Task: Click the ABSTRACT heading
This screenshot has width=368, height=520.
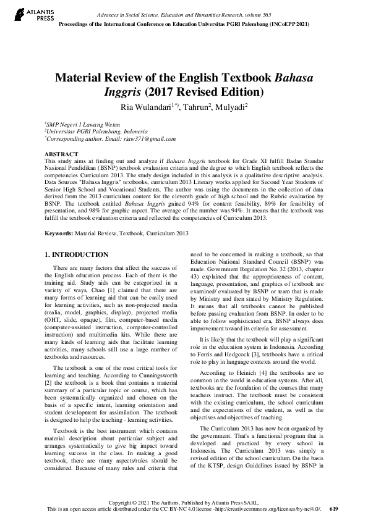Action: pos(61,154)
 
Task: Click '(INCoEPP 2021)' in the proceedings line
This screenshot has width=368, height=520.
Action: pos(283,23)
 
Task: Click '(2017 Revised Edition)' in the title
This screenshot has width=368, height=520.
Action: pos(204,93)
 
